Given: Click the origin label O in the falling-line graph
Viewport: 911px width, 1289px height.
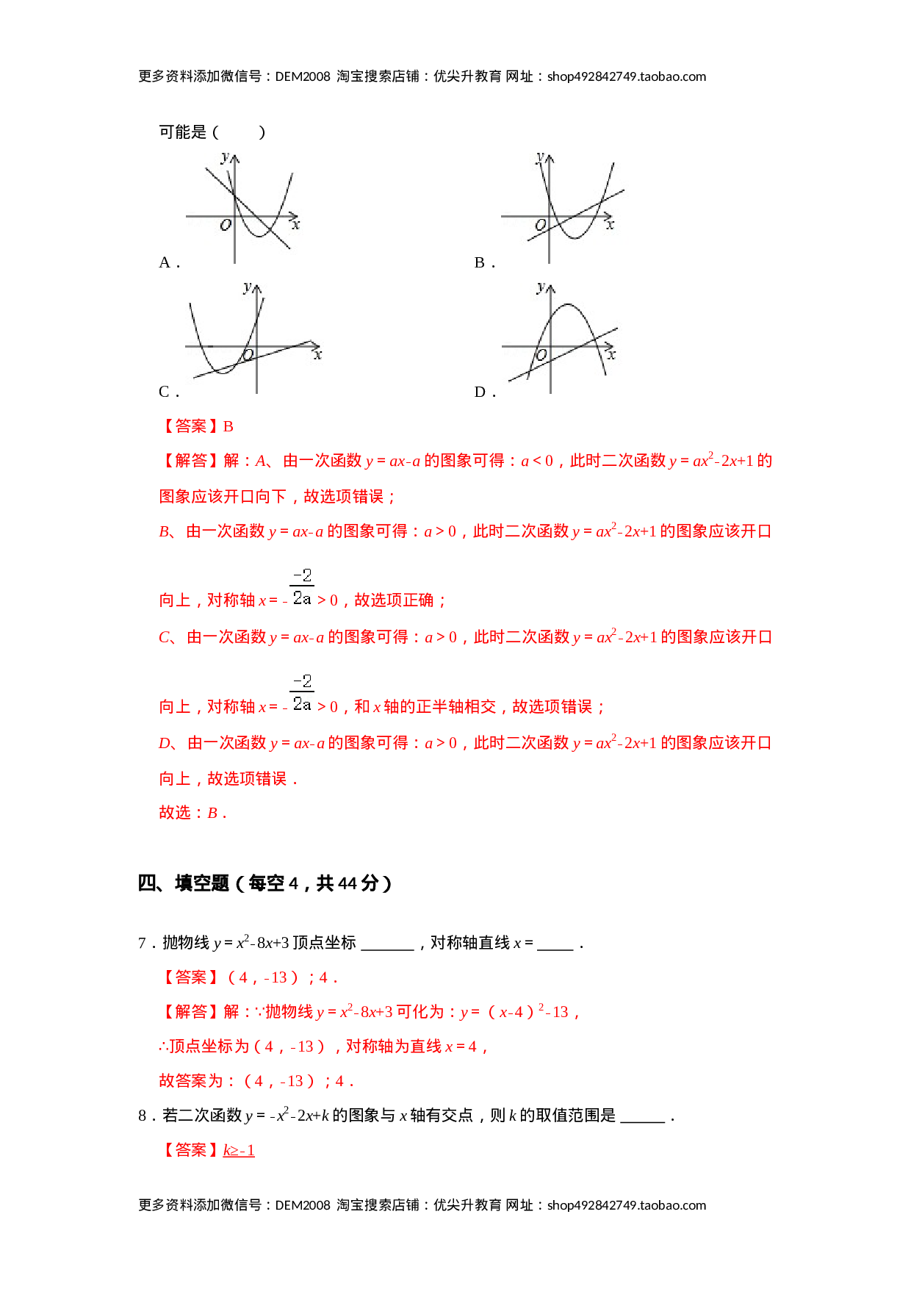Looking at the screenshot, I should [x=226, y=226].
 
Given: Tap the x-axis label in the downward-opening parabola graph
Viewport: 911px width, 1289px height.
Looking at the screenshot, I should [x=611, y=355].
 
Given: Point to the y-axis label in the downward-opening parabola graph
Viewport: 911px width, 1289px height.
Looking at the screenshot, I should [x=541, y=287].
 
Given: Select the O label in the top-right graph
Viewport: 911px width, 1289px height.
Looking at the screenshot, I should [x=541, y=226].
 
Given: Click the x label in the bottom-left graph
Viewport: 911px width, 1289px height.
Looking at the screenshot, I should [x=317, y=355].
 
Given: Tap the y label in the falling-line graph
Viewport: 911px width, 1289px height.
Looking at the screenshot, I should [x=226, y=157].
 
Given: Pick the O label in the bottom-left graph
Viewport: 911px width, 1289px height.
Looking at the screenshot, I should [x=248, y=356].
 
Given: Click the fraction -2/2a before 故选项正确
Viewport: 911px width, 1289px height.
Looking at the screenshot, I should [x=302, y=586].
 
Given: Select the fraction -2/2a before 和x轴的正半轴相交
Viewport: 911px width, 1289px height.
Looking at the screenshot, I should [x=302, y=692].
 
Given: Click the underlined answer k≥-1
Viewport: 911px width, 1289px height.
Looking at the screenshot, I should [x=239, y=1150].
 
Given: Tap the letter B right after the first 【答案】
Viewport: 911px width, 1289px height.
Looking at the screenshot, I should [x=228, y=427].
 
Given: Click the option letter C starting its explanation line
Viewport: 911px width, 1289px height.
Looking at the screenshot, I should [x=165, y=637].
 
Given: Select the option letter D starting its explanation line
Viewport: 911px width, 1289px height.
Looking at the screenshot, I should [x=165, y=743].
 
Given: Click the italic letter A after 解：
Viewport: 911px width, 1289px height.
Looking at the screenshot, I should [x=261, y=462].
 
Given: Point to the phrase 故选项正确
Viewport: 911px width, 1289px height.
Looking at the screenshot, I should [x=394, y=600].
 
